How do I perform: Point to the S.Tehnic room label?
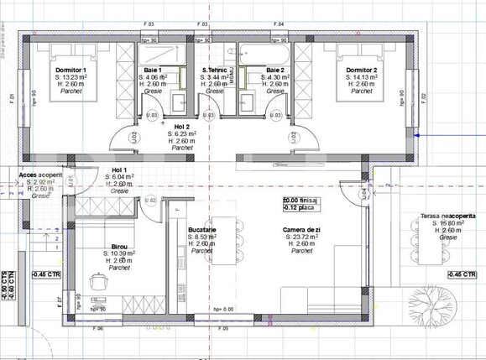click(217, 70)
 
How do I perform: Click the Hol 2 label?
click(181, 126)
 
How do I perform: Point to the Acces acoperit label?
click(40, 175)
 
